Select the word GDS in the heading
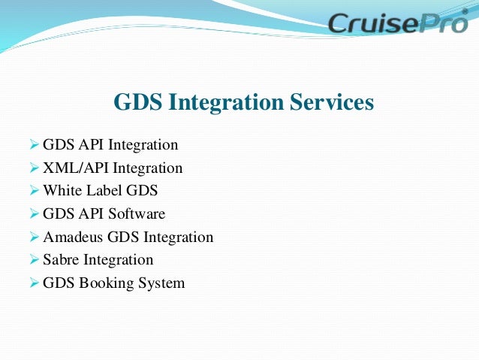136,102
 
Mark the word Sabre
61,260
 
